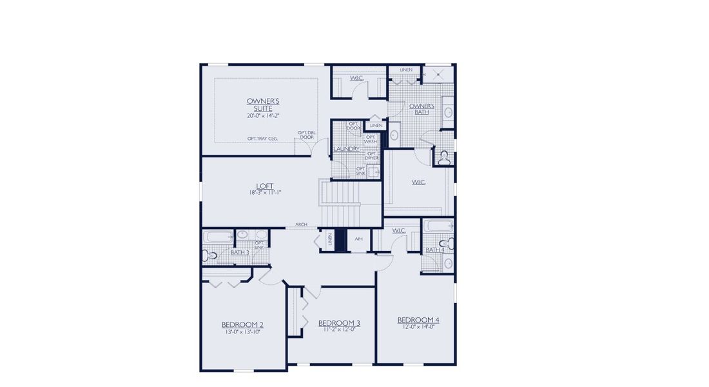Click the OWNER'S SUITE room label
263,104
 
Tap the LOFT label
265,186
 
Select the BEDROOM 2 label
242,324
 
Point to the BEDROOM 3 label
339,322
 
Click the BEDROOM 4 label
418,320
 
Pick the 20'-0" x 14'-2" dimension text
263,115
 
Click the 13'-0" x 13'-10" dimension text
242,332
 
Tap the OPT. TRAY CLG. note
262,139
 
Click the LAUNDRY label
347,149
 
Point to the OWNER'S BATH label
422,108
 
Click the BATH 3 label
240,252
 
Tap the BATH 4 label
434,250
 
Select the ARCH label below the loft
301,224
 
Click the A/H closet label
358,239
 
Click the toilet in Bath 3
210,255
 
